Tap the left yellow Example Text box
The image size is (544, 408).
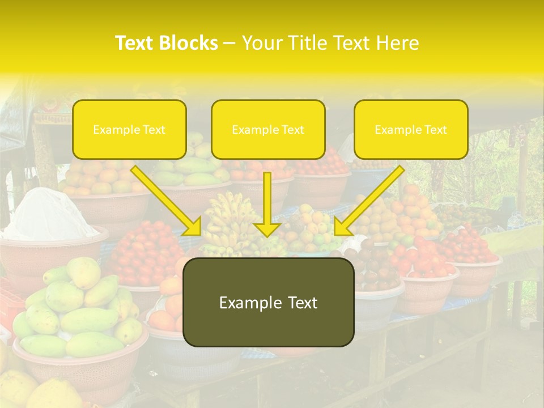point(129,130)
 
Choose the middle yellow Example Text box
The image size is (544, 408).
point(268,130)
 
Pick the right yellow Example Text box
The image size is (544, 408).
point(411,130)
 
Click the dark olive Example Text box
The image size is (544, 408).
point(268,302)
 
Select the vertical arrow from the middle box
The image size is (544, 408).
point(267,204)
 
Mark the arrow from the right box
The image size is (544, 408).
point(368,201)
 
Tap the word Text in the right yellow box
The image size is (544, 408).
point(435,130)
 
